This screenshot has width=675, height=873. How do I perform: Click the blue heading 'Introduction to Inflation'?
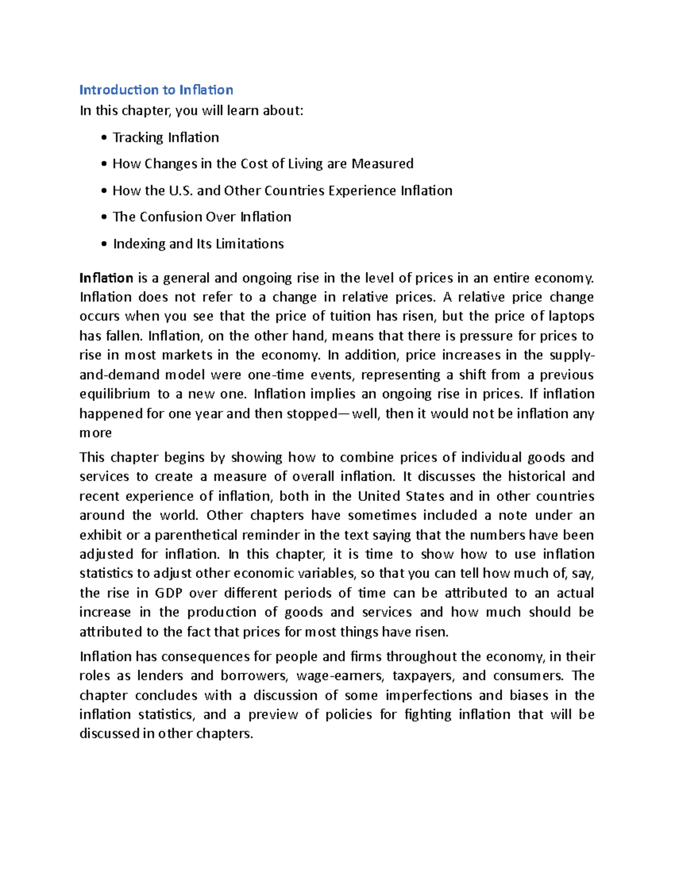tap(156, 90)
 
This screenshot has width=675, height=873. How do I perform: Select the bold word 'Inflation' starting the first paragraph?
tap(106, 278)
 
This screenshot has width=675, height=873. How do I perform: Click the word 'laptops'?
tap(571, 316)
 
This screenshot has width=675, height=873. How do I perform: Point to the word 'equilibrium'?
tap(115, 394)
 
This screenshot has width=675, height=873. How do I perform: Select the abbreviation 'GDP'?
tap(168, 593)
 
